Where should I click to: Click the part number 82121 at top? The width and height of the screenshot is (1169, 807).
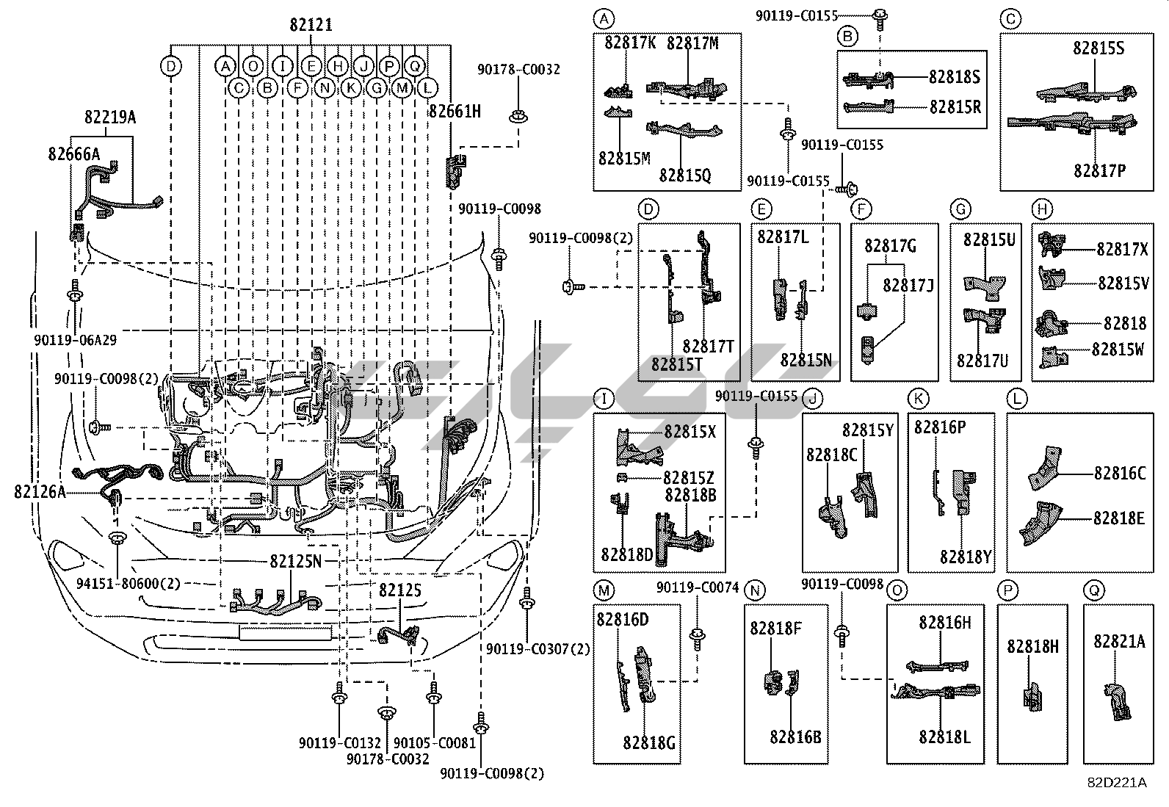coord(311,25)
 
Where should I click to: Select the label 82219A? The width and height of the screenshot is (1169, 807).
coord(110,117)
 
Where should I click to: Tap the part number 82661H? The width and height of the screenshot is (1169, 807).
coord(455,112)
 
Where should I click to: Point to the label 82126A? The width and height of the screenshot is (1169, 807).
coord(40,491)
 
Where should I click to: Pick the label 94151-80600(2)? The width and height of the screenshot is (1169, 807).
coord(129,584)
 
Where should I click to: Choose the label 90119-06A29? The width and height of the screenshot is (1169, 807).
coord(75,340)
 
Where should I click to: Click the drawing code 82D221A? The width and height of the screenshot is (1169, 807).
coord(1117,783)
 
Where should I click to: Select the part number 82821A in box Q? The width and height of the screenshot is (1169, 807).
coord(1119,642)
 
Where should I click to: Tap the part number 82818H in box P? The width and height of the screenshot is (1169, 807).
coord(1032,646)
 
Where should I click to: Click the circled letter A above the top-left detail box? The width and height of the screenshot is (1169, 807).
coord(603,18)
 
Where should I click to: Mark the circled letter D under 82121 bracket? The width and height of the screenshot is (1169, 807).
coord(170,67)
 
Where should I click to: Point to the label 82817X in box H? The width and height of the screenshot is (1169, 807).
coord(1122,250)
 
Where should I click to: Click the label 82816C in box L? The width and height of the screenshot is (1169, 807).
coord(1119,474)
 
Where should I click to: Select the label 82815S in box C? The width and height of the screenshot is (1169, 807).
coord(1099,48)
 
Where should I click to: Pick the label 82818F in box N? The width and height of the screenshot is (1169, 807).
coord(775,629)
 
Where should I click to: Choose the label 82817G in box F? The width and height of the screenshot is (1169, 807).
coord(890,246)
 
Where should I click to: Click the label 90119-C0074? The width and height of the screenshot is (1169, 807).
coord(698,588)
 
